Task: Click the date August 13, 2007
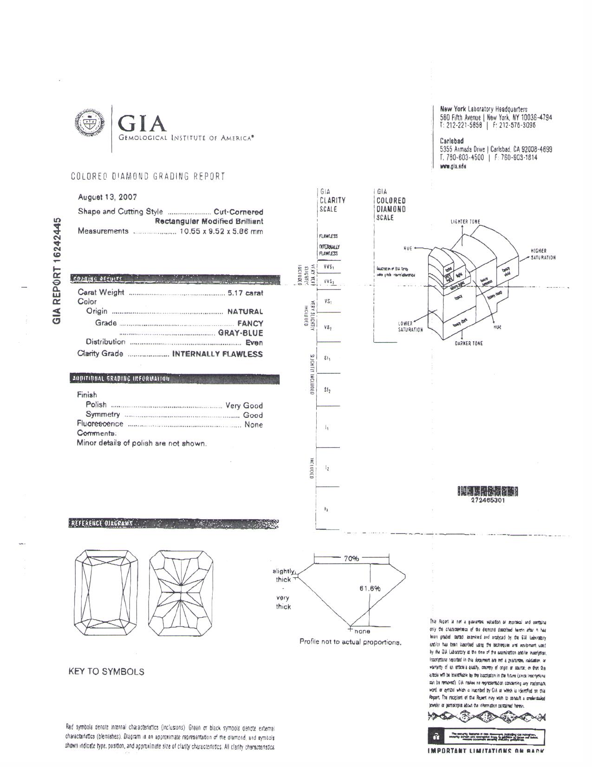(107, 197)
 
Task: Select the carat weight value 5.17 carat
(245, 293)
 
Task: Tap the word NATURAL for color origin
(245, 312)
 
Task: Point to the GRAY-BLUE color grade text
(241, 333)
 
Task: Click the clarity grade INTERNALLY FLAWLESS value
(217, 354)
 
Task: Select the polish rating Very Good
(244, 405)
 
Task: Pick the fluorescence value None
(254, 425)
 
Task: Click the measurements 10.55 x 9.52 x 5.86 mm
(221, 231)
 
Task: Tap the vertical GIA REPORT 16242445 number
(57, 271)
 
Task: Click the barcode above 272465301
(488, 491)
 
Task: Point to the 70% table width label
(351, 559)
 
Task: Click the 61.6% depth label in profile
(370, 588)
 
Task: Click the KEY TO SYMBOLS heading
(106, 672)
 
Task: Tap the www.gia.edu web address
(453, 166)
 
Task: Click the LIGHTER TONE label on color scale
(465, 222)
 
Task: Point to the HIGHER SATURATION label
(543, 254)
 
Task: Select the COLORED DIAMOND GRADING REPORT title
(148, 177)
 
